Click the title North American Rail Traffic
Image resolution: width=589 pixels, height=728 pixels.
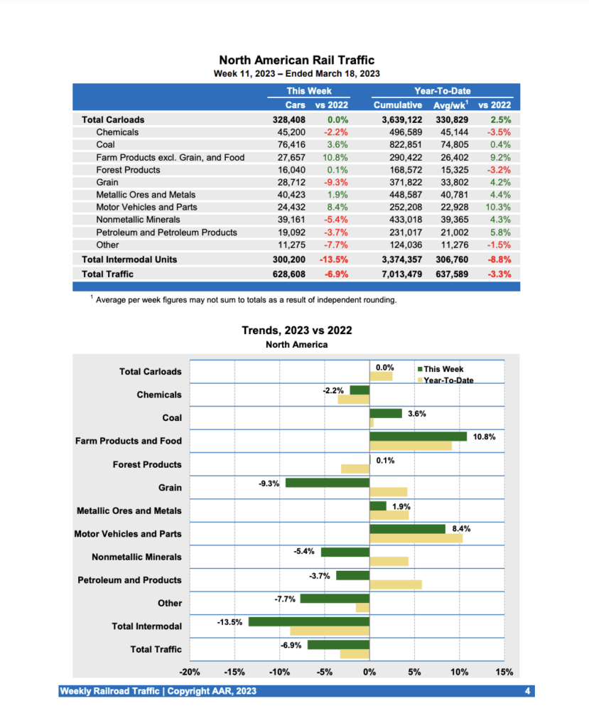(x=296, y=60)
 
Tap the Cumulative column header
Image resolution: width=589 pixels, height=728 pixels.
(x=398, y=105)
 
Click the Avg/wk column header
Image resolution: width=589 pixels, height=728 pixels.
(x=450, y=105)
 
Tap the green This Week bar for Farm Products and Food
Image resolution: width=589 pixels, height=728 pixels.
(x=418, y=437)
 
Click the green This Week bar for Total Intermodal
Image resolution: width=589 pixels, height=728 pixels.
(x=309, y=621)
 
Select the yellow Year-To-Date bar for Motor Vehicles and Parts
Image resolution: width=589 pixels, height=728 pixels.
(x=416, y=538)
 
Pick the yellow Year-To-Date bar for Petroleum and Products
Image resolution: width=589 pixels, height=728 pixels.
(x=395, y=584)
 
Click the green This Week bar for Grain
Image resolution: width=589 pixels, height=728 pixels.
(x=327, y=483)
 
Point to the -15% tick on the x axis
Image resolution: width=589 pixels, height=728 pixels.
(x=234, y=672)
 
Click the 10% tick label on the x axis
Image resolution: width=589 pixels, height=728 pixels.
(x=459, y=672)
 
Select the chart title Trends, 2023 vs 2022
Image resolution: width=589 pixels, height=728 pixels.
(x=296, y=331)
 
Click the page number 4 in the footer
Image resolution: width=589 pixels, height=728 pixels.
(x=527, y=691)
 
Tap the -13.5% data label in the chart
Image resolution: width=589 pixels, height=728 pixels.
(x=229, y=622)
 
